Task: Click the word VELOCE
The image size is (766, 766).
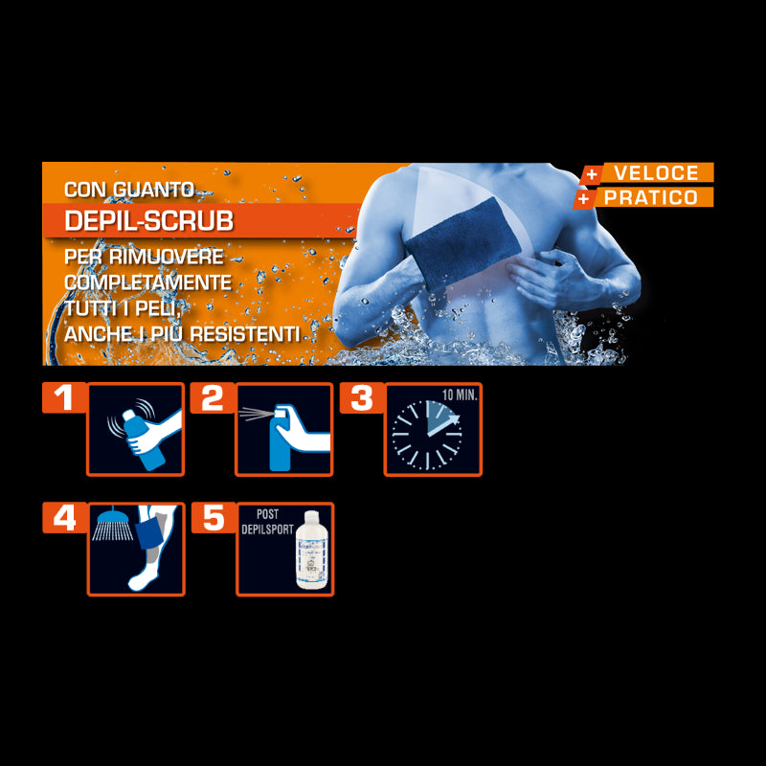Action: (656, 173)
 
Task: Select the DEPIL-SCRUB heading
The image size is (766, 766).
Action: (148, 221)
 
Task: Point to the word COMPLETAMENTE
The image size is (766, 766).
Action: (147, 282)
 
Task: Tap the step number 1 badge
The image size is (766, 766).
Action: (64, 397)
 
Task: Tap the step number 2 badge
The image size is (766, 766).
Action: (213, 397)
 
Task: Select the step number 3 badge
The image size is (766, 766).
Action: (362, 397)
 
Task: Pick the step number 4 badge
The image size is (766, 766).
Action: (64, 518)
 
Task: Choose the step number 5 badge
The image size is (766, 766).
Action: (213, 518)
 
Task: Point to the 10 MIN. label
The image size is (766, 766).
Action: (460, 394)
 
